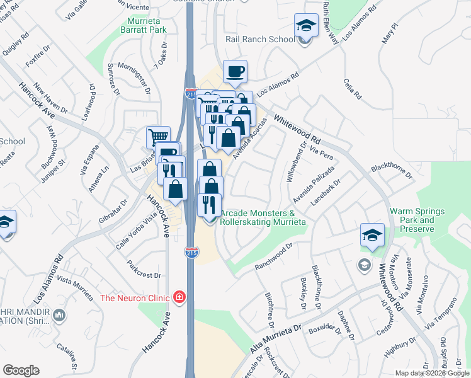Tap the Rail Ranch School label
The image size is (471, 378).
coord(260,39)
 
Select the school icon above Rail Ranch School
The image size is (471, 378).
coord(305,26)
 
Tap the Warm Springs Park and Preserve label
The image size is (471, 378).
coord(417,220)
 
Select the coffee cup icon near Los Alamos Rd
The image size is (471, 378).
coord(235,72)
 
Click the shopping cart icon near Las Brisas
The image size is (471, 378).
coord(158,137)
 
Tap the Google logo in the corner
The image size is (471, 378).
coord(21,370)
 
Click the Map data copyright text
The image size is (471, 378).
coord(432,373)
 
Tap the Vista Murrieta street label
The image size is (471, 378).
coord(74,282)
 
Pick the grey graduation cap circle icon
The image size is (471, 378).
coord(363,264)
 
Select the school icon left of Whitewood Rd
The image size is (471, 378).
coord(372,235)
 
